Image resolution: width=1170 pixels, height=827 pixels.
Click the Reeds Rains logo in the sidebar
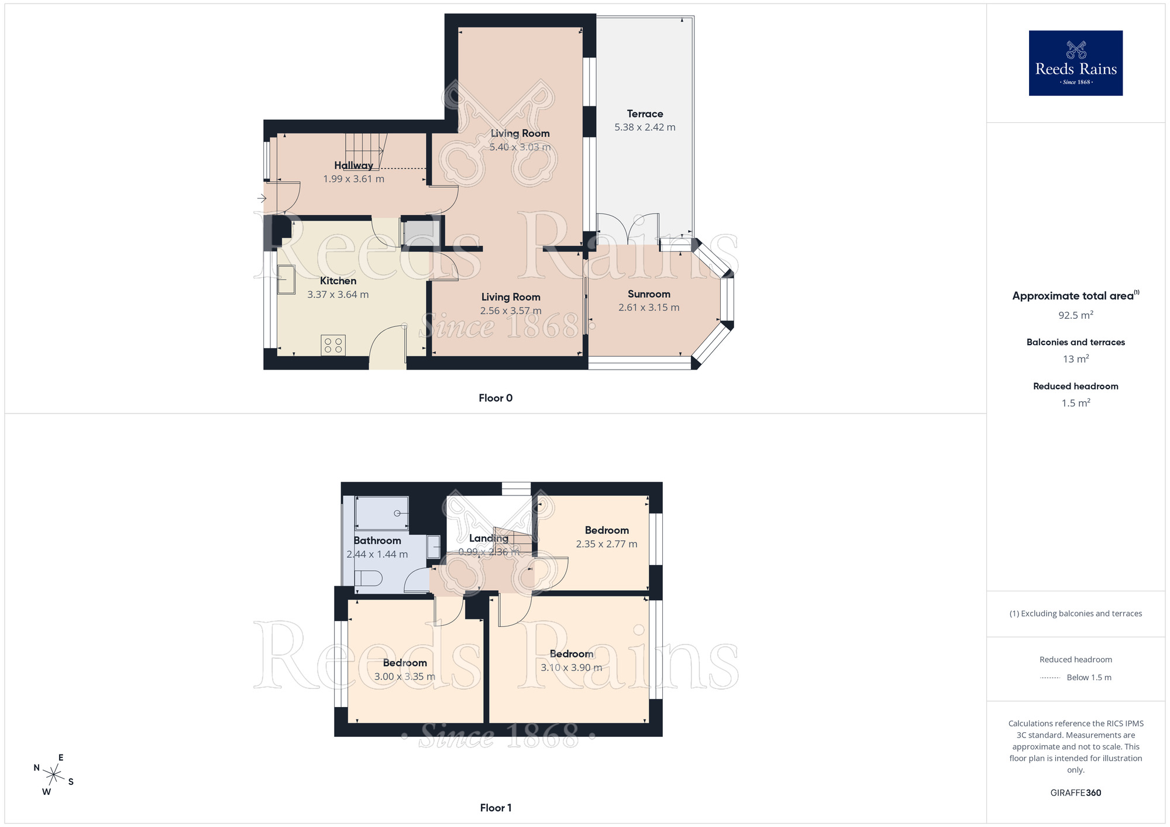(x=1075, y=63)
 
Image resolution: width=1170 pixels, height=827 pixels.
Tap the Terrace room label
(x=645, y=113)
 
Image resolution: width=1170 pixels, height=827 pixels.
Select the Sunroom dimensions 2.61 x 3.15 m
(x=649, y=308)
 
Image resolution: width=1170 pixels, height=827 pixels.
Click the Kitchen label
(x=338, y=281)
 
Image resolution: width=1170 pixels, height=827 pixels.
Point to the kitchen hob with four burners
(x=333, y=345)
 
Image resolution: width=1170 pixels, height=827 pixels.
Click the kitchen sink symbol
(x=286, y=280)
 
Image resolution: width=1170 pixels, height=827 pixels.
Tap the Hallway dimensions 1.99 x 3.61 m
(x=353, y=179)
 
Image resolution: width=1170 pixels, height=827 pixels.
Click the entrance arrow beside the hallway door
(x=261, y=198)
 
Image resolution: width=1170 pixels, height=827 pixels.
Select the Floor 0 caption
(x=495, y=398)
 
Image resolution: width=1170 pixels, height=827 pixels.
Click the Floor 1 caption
(x=495, y=808)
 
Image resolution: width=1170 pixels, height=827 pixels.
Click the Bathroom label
(x=377, y=540)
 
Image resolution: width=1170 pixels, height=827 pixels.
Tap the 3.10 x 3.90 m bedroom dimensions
(x=571, y=667)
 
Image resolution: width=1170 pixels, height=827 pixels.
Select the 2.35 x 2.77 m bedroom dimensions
(x=607, y=544)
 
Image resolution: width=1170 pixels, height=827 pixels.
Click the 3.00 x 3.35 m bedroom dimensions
(x=405, y=677)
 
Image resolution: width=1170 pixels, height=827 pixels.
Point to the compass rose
(x=54, y=776)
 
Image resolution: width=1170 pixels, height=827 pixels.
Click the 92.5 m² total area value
(x=1075, y=315)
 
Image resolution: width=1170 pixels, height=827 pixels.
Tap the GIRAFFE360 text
(x=1075, y=793)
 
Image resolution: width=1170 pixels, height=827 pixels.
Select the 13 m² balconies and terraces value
(x=1075, y=359)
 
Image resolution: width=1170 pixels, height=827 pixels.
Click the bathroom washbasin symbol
(x=433, y=547)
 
